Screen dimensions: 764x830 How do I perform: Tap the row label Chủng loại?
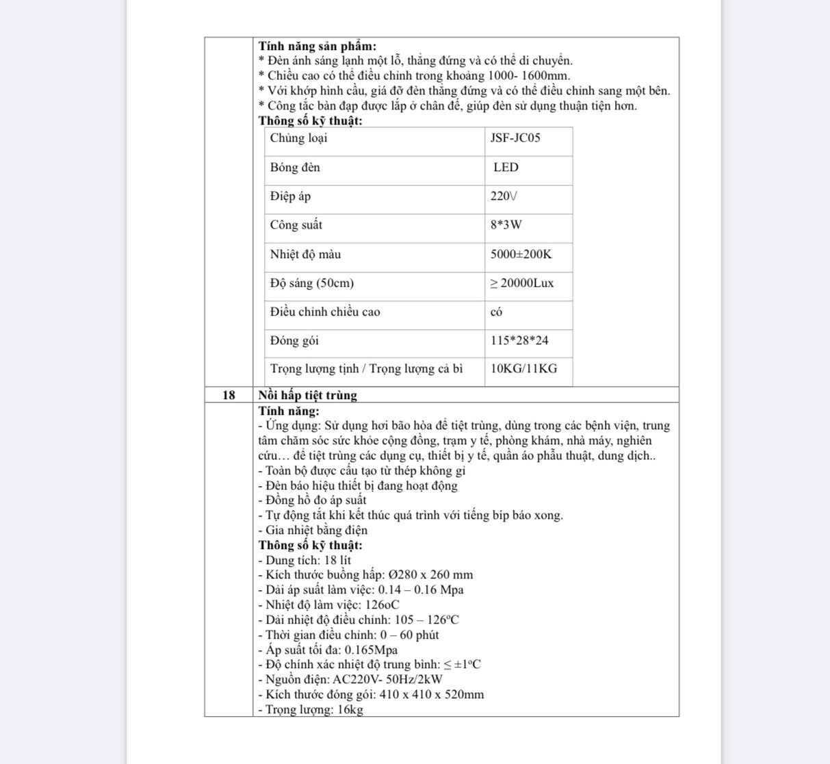pyautogui.click(x=298, y=138)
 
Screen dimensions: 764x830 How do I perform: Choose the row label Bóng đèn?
pyautogui.click(x=295, y=168)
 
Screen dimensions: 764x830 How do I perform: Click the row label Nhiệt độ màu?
pyautogui.click(x=305, y=255)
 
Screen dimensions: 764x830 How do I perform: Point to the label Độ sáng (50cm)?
pyautogui.click(x=311, y=283)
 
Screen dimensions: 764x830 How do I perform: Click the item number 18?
pyautogui.click(x=229, y=396)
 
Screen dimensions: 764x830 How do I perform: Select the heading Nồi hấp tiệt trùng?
pyautogui.click(x=307, y=396)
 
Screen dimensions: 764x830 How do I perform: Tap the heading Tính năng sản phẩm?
pyautogui.click(x=317, y=47)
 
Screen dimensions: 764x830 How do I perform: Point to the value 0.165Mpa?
pyautogui.click(x=371, y=650)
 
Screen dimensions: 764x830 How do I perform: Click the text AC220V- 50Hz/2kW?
pyautogui.click(x=387, y=680)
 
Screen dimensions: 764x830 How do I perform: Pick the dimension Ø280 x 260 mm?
pyautogui.click(x=430, y=575)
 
